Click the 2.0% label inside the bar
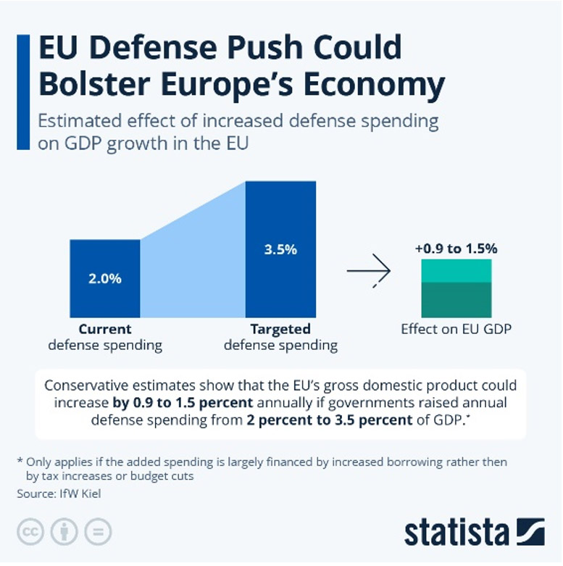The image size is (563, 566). [105, 279]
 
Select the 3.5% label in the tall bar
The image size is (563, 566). [280, 249]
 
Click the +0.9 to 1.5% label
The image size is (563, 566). [456, 249]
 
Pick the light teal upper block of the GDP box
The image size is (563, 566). [456, 272]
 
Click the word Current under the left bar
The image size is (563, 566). [105, 329]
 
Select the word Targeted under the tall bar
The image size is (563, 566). [280, 329]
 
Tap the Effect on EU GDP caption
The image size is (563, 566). [456, 329]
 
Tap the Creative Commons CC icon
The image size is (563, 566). [31, 531]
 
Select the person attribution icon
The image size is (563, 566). [64, 531]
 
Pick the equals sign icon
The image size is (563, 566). [98, 531]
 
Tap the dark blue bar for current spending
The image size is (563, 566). [105, 261]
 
